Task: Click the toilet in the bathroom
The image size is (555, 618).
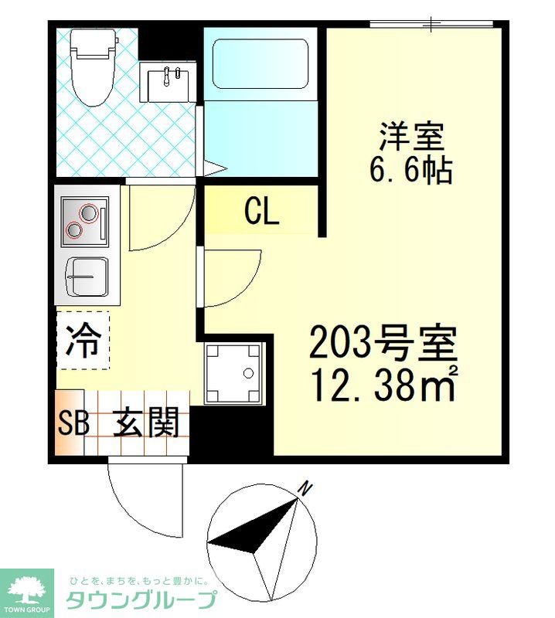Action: click(94, 67)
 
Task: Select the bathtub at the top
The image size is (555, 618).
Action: click(260, 64)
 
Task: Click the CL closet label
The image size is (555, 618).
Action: click(262, 211)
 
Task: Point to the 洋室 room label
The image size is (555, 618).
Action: click(411, 137)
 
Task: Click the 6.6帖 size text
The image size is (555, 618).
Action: click(410, 170)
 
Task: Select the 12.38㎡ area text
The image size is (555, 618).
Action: click(384, 383)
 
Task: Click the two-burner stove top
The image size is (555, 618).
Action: click(85, 222)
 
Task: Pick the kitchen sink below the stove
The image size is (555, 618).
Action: click(87, 277)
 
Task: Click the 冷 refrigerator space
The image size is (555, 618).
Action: click(83, 341)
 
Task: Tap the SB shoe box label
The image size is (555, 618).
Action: click(73, 423)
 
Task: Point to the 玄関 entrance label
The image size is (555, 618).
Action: click(146, 423)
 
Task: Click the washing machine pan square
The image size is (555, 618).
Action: click(233, 373)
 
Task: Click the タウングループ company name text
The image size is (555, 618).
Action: click(141, 600)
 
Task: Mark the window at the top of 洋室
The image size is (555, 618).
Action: click(431, 24)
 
